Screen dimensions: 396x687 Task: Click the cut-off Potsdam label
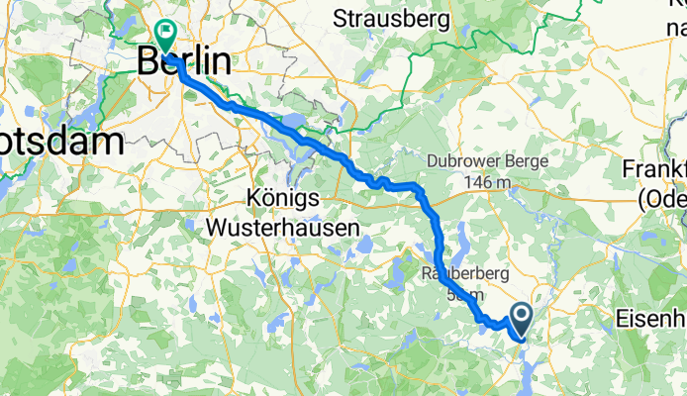coord(61,140)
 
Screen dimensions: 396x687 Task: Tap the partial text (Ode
coord(661,199)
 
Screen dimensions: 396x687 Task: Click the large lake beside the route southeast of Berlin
coord(294,123)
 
